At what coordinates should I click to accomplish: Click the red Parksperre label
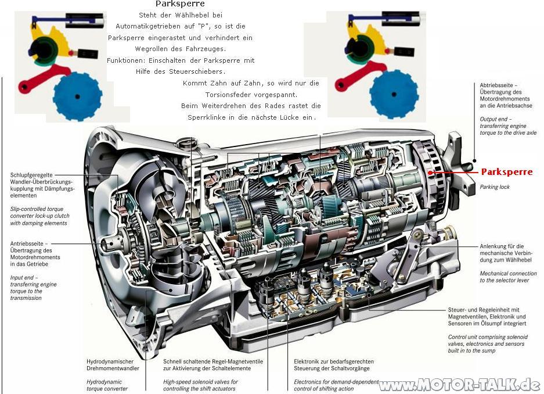coord(506,172)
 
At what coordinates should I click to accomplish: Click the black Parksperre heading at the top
coord(180,4)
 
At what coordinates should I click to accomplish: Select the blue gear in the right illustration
coord(393,94)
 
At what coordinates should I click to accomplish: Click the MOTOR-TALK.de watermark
coord(459,385)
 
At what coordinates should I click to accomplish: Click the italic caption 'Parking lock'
coord(495,187)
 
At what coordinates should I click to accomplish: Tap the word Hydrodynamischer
coord(110,361)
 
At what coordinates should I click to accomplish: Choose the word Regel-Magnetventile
coord(230,361)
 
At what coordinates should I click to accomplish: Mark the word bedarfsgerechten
coord(348,361)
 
